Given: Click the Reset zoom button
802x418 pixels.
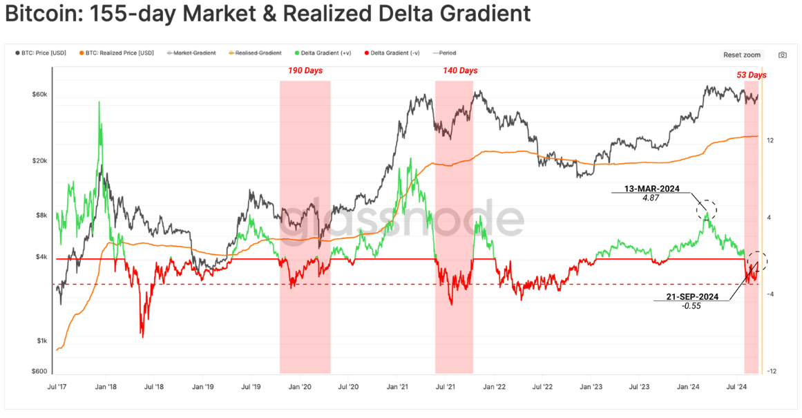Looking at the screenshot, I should pyautogui.click(x=742, y=55).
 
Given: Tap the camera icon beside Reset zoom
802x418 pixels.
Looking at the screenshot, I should pyautogui.click(x=783, y=55).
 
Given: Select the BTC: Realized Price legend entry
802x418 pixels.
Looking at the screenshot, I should pyautogui.click(x=117, y=53).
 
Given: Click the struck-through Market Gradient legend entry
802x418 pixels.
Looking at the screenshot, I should pyautogui.click(x=191, y=53).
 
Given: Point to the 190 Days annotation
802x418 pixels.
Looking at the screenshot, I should pyautogui.click(x=305, y=70).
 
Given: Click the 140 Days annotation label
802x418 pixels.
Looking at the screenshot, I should pyautogui.click(x=460, y=70).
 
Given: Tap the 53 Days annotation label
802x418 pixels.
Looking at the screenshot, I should pyautogui.click(x=751, y=75).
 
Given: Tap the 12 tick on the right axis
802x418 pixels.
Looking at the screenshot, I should pyautogui.click(x=770, y=140).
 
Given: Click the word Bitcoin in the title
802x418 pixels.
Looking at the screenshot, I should pyautogui.click(x=42, y=15).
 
